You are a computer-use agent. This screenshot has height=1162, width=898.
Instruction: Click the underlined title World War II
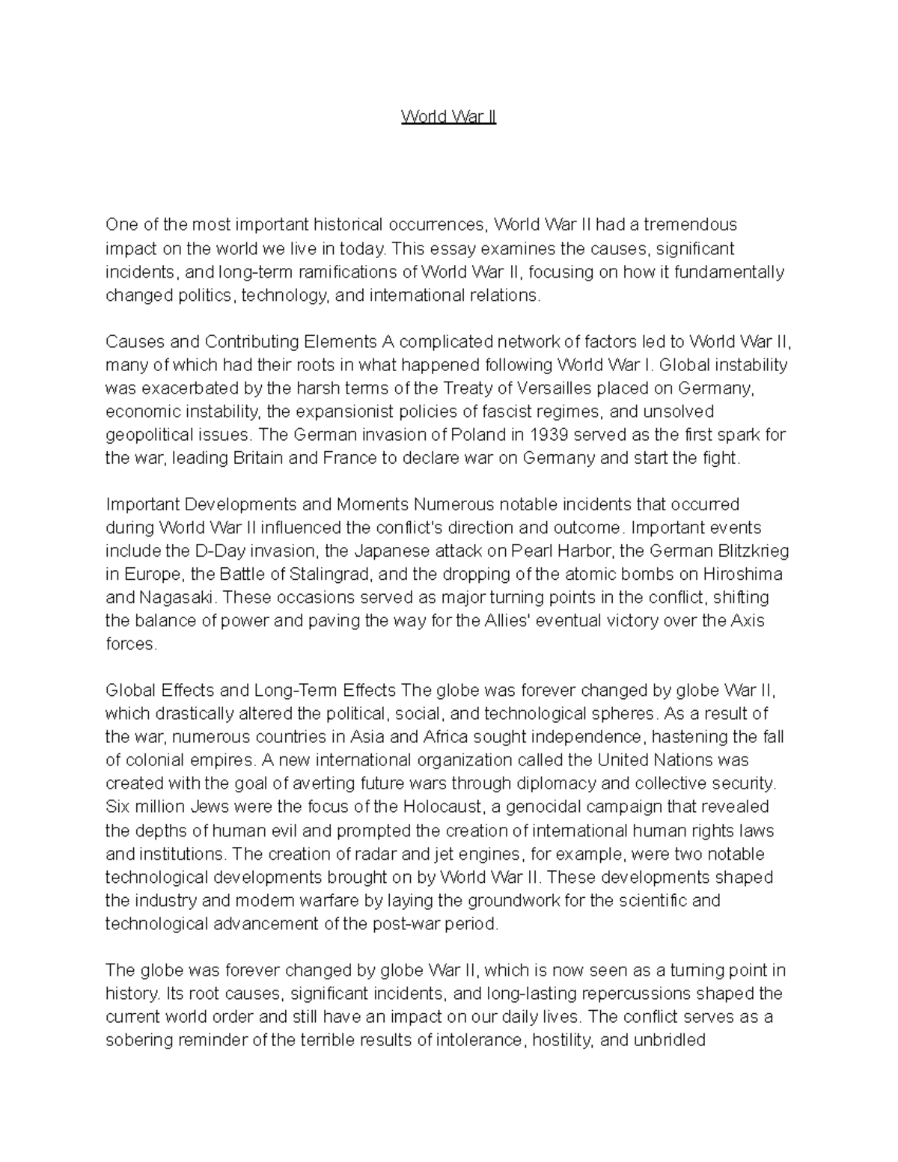click(448, 117)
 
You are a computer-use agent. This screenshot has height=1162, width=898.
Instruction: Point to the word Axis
click(746, 620)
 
